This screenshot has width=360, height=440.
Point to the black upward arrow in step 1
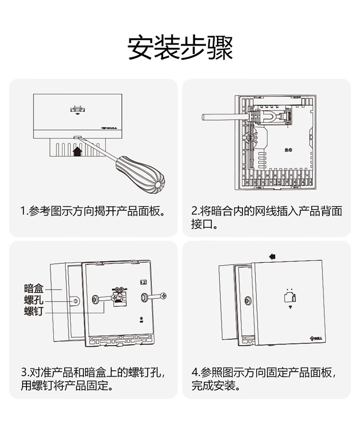[x=77, y=152]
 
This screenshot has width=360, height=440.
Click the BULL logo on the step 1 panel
[x=110, y=127]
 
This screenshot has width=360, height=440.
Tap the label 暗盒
[x=34, y=289]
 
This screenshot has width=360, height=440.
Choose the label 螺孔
[x=34, y=301]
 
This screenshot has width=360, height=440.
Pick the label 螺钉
[x=34, y=312]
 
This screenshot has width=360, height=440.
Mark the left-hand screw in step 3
[x=97, y=300]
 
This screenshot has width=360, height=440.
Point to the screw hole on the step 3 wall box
[x=75, y=301]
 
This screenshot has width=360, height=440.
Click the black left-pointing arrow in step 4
[x=272, y=256]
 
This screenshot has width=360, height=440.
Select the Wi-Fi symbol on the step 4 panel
[x=289, y=307]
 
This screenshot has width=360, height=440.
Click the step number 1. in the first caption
[x=24, y=211]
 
